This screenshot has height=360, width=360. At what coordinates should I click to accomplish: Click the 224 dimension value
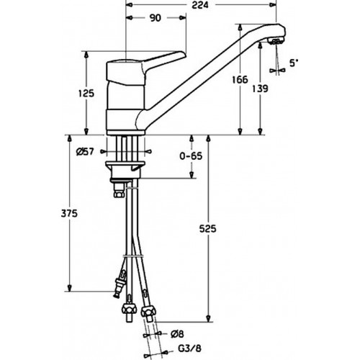pyautogui.click(x=200, y=5)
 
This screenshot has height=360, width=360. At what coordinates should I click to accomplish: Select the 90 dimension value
pyautogui.click(x=156, y=18)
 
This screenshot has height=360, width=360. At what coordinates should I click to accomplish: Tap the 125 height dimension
pyautogui.click(x=86, y=93)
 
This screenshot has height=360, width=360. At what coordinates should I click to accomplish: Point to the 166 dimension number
pyautogui.click(x=240, y=79)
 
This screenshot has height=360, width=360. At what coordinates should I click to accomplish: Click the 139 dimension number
pyautogui.click(x=260, y=89)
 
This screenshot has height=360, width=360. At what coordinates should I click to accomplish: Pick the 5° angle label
pyautogui.click(x=294, y=63)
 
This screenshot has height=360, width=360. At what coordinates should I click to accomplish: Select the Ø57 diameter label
pyautogui.click(x=85, y=152)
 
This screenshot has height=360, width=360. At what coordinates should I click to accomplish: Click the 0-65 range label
pyautogui.click(x=191, y=156)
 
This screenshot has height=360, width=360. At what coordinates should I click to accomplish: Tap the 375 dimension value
pyautogui.click(x=69, y=213)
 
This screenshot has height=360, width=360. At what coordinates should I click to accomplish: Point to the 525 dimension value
pyautogui.click(x=208, y=229)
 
